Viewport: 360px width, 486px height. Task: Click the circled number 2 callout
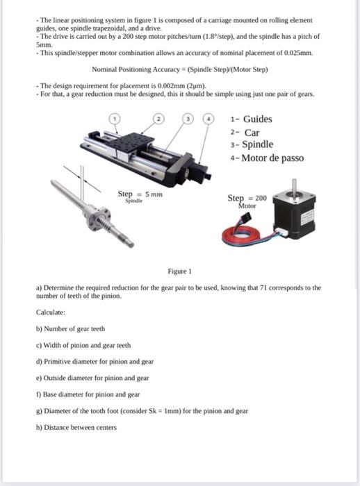click(159, 119)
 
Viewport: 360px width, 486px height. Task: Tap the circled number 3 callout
click(188, 119)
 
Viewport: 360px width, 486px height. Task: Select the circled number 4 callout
click(206, 119)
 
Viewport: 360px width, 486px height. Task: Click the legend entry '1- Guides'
click(251, 119)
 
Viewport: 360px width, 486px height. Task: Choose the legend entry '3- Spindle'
click(251, 144)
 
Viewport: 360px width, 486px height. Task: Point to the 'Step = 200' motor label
click(247, 199)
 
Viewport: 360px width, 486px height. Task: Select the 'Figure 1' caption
click(179, 271)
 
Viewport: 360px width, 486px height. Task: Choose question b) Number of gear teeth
click(74, 328)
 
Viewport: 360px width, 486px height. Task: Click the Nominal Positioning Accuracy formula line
click(179, 69)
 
